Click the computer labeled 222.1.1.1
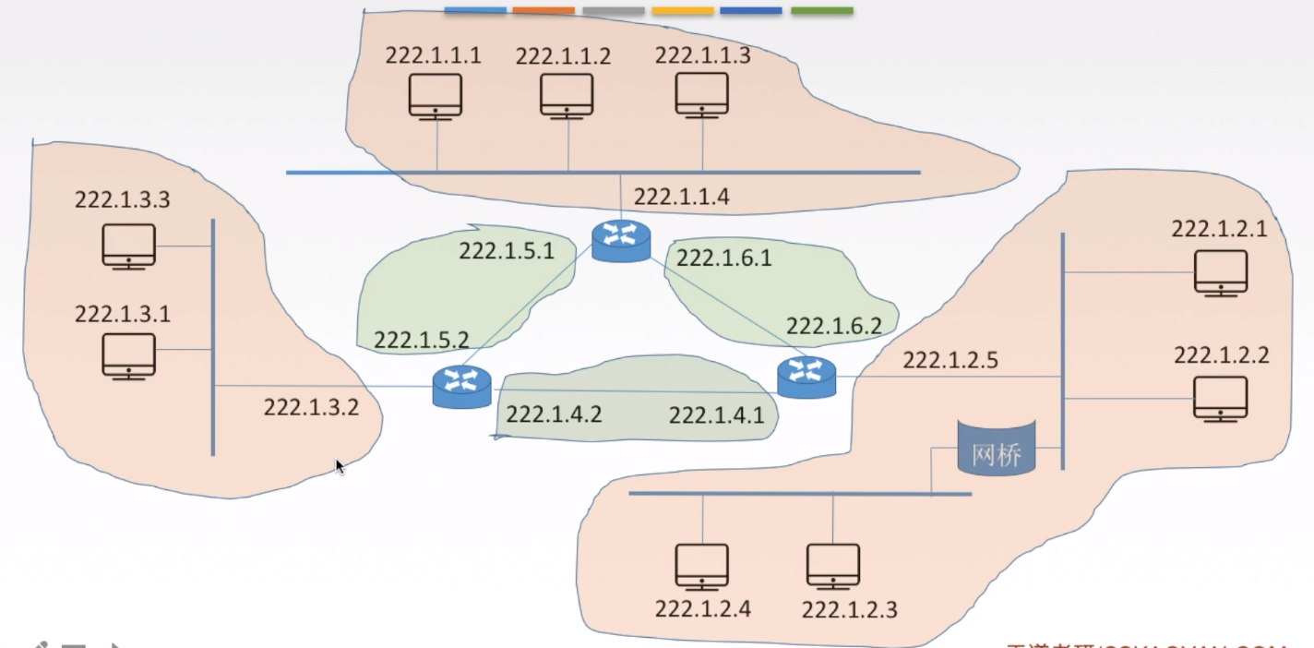435,96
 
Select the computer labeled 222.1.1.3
702,96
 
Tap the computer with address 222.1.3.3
128,246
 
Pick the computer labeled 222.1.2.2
1220,399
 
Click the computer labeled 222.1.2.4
701,567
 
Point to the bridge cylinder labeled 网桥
997,449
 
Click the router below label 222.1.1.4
621,240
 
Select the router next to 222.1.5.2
461,386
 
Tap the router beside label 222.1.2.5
806,377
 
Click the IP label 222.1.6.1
724,258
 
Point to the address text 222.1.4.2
554,414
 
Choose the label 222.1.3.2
311,407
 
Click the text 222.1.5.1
507,250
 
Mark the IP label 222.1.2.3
849,609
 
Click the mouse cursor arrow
339,465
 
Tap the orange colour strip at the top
544,11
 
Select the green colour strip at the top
821,11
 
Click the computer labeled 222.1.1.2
567,96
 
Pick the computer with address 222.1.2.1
1220,273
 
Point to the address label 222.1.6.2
833,326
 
